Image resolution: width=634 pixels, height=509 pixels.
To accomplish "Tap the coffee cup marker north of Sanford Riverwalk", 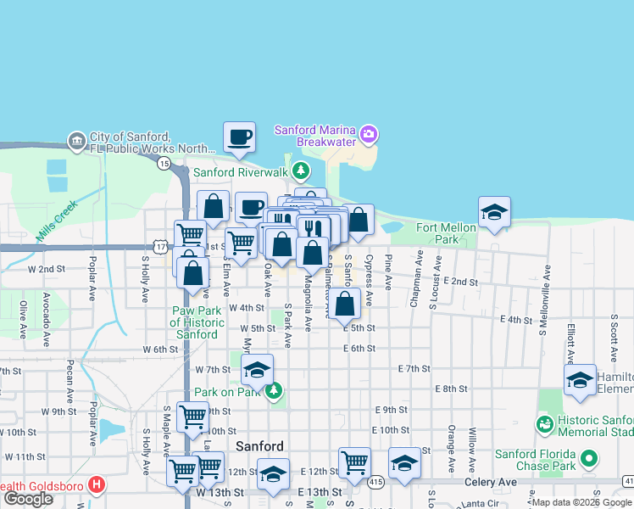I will pyautogui.click(x=239, y=137).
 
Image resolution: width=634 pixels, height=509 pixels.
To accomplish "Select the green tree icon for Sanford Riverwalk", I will pyautogui.click(x=300, y=171).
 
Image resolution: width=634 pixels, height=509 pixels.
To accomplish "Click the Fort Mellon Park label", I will pyautogui.click(x=442, y=234).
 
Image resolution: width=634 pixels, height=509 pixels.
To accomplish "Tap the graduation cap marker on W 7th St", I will pyautogui.click(x=258, y=369).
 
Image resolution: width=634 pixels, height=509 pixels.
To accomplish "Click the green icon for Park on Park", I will pyautogui.click(x=273, y=391).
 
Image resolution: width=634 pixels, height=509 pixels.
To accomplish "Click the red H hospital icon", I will pyautogui.click(x=97, y=485).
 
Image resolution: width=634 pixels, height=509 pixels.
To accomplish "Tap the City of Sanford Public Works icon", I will pyautogui.click(x=77, y=139).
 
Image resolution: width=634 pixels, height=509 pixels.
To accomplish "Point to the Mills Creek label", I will pyautogui.click(x=57, y=219).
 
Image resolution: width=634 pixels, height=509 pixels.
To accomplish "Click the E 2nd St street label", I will pyautogui.click(x=460, y=281).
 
